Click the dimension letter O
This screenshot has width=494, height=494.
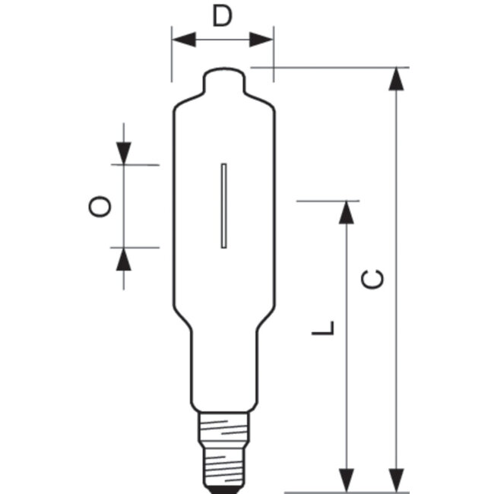tap(101, 206)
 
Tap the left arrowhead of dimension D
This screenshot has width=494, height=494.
tap(182, 39)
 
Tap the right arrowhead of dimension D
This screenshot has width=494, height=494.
tap(263, 39)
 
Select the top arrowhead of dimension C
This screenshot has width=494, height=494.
tap(394, 79)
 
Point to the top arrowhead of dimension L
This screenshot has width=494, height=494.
tap(347, 213)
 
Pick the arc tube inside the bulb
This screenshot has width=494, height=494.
tap(224, 205)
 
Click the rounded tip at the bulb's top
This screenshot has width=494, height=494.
tap(225, 78)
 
